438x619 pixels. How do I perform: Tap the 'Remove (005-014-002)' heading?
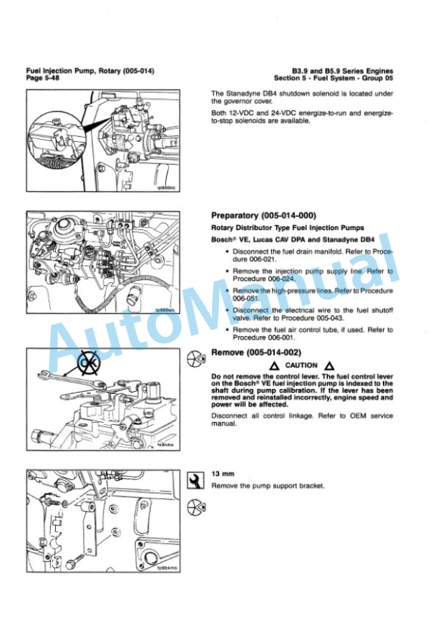pos(255,352)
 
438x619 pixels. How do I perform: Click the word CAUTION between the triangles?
pos(301,365)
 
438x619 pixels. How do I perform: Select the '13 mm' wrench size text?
pos(220,474)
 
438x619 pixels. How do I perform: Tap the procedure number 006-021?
pos(239,259)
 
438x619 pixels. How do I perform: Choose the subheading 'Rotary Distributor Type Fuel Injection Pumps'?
pos(277,228)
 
